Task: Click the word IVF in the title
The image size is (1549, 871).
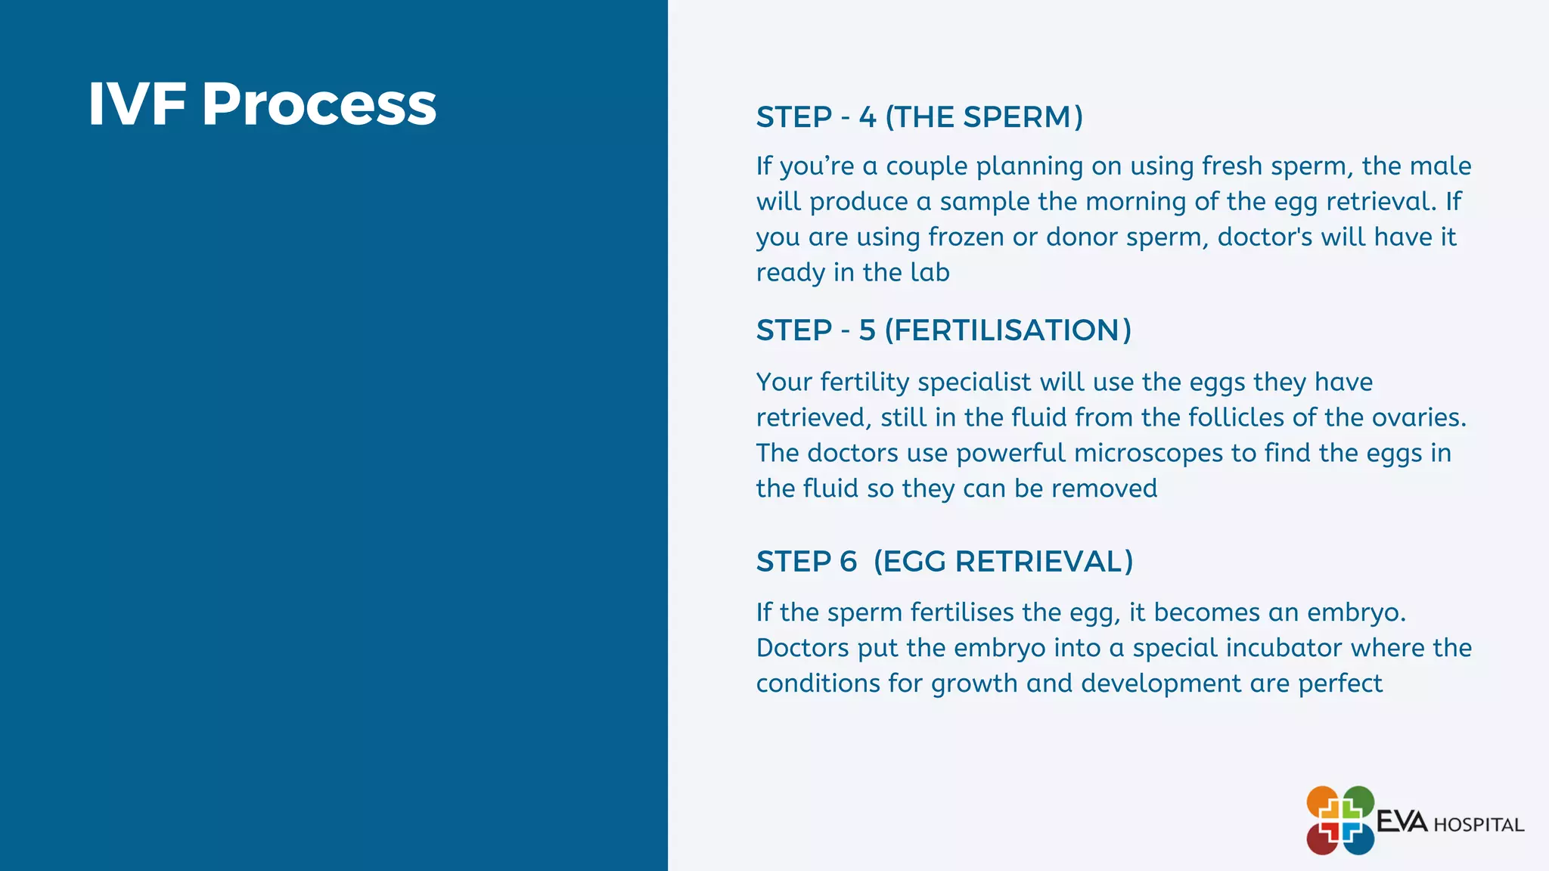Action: click(137, 104)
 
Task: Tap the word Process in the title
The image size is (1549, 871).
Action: click(318, 104)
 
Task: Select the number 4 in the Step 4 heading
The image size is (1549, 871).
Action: click(867, 117)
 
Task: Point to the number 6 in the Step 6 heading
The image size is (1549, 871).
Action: click(848, 562)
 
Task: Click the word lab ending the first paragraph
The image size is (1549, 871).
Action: click(930, 272)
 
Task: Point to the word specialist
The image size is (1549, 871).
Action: click(974, 383)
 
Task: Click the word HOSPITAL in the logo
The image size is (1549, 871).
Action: click(1479, 825)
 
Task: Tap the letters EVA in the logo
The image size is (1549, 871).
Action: click(1402, 822)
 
